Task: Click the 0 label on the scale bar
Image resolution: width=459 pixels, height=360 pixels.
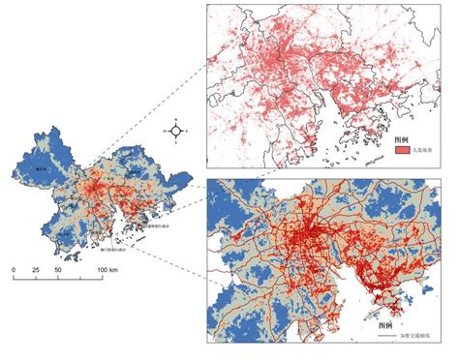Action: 14,268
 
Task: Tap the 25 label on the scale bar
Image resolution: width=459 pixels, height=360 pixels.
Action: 36,268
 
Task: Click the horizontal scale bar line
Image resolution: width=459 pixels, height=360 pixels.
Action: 58,277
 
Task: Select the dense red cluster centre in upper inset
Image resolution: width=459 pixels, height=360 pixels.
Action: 291,58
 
